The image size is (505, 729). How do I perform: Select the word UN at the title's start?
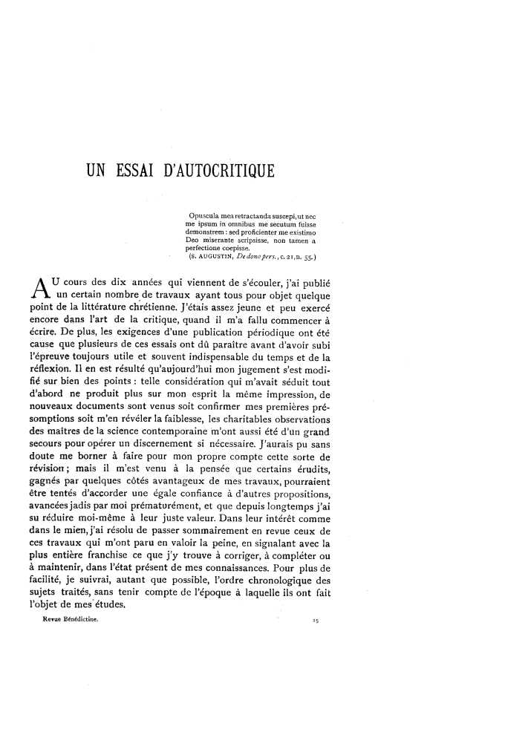point(97,173)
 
